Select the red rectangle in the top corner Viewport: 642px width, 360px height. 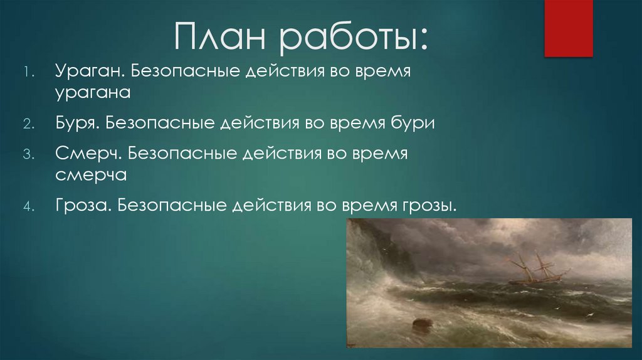click(x=568, y=28)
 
